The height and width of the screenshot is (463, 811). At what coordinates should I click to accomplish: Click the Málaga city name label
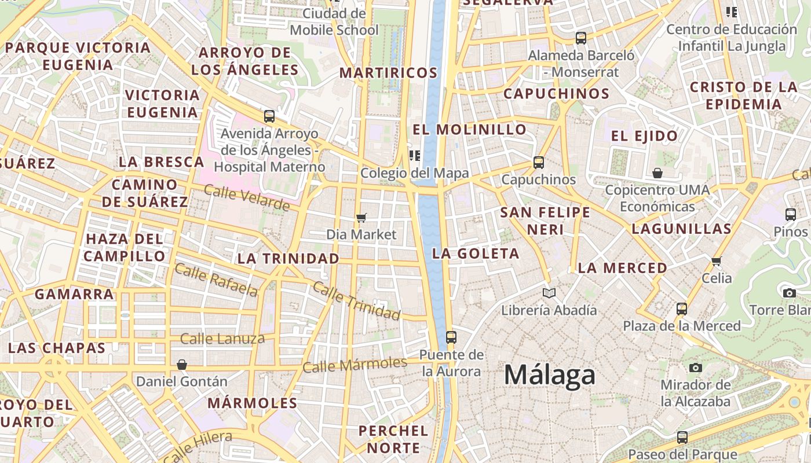coord(549,375)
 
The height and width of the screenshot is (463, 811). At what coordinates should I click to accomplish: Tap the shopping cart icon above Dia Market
coord(361,218)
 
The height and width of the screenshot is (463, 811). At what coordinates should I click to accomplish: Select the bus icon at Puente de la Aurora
coord(451,337)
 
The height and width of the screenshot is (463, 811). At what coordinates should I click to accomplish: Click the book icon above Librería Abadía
coord(549,293)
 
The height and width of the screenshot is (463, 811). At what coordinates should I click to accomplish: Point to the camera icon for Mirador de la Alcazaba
coord(696,368)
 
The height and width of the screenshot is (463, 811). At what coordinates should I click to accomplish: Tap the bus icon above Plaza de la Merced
coord(682,308)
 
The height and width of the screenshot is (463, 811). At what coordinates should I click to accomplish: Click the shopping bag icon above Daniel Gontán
coord(182,365)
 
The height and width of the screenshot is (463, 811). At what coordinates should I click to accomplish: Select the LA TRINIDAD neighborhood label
coord(288,259)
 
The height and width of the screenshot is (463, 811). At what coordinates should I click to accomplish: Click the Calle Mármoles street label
coord(355,365)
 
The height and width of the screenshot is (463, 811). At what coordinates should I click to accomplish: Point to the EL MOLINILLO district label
coord(469,129)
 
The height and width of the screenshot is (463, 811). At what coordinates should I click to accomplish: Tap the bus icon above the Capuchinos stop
coord(539,163)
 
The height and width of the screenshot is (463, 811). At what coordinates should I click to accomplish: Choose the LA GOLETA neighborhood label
coord(476,253)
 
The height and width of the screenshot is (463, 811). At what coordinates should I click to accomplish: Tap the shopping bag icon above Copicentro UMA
coord(657,173)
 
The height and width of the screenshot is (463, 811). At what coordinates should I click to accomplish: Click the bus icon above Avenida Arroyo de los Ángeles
coord(269,116)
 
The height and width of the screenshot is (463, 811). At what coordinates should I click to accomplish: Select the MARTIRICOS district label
coord(388,73)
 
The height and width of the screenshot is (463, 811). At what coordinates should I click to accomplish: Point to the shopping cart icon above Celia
coord(717,261)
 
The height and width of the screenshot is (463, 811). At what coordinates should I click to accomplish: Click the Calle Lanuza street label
coord(222,339)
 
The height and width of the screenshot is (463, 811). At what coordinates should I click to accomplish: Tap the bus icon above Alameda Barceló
coord(581,39)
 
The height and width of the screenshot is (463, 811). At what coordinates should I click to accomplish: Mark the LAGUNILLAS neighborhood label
coord(682,229)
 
